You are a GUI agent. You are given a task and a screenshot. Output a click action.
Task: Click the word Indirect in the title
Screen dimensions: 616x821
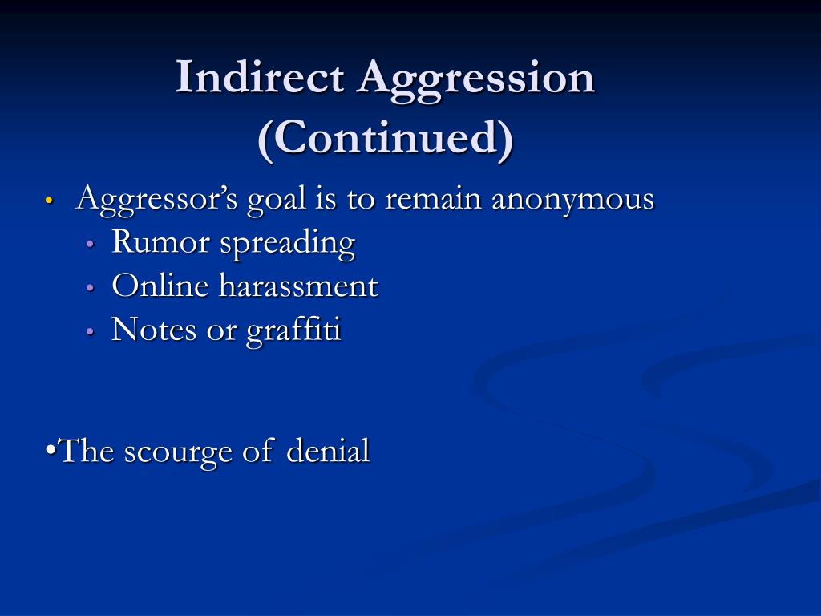coord(261,79)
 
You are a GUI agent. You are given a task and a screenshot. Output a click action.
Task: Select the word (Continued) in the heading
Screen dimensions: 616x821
coord(386,140)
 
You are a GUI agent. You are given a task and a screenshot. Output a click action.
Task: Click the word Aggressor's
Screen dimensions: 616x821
coord(156,199)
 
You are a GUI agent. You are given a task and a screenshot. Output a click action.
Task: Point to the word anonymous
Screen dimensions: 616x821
coord(572,199)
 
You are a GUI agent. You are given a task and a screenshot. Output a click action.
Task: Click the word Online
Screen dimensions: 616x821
coord(160,286)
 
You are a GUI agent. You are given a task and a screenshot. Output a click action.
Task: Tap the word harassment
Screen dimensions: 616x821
coord(298,286)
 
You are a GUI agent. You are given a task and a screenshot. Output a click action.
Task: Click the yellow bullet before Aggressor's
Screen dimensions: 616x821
coord(50,201)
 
